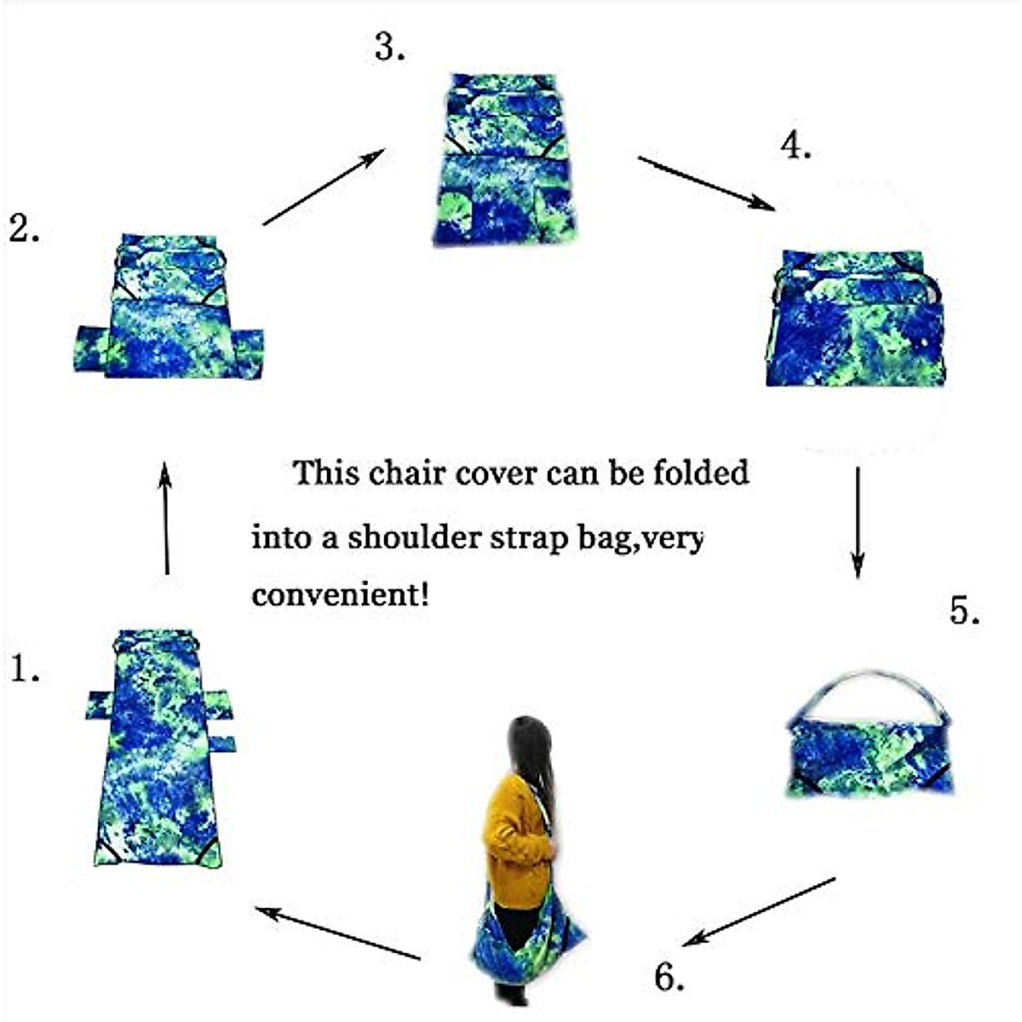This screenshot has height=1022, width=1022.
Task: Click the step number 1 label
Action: (25, 669)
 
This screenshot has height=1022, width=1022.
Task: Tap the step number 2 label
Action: (24, 228)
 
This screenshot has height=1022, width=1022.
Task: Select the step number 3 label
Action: (389, 49)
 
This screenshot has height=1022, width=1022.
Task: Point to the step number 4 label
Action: (795, 146)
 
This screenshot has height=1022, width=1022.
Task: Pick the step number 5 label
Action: (964, 611)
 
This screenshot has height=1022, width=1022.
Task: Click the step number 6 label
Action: (669, 978)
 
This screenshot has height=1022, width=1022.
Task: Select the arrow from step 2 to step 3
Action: (324, 187)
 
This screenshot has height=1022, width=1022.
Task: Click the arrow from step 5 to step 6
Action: (759, 911)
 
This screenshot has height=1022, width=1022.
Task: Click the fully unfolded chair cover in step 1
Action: (158, 766)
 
